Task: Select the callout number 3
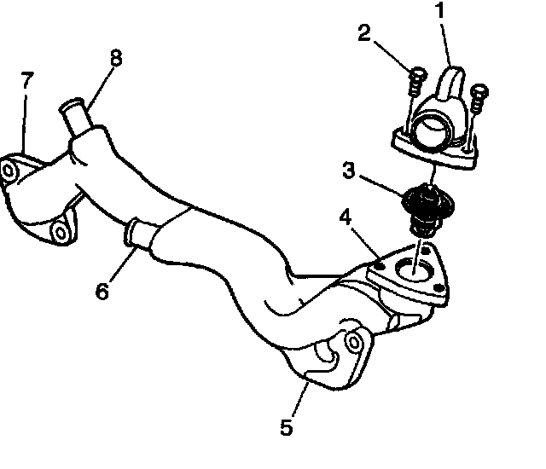pos(348,170)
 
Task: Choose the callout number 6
pos(102,291)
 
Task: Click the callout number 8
pos(116,58)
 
